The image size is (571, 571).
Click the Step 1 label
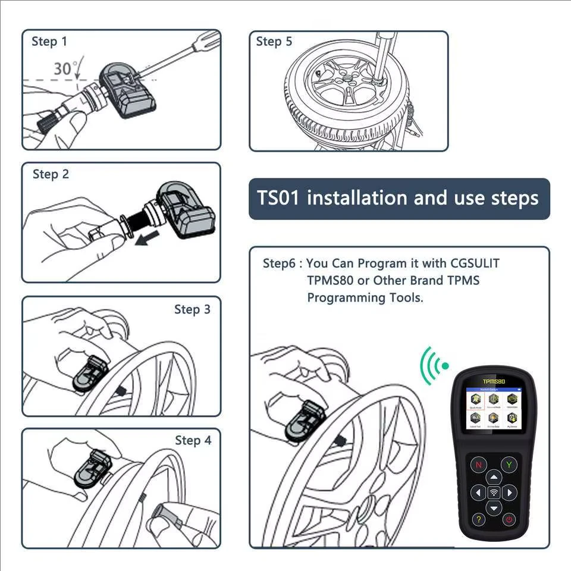(49, 42)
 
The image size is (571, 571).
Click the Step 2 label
(51, 174)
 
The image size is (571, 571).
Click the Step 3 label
(192, 309)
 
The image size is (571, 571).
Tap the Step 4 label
(193, 440)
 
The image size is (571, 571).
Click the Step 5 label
(274, 42)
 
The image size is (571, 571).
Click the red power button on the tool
(509, 520)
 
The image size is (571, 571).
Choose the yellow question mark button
(478, 520)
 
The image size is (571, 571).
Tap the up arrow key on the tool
(493, 476)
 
